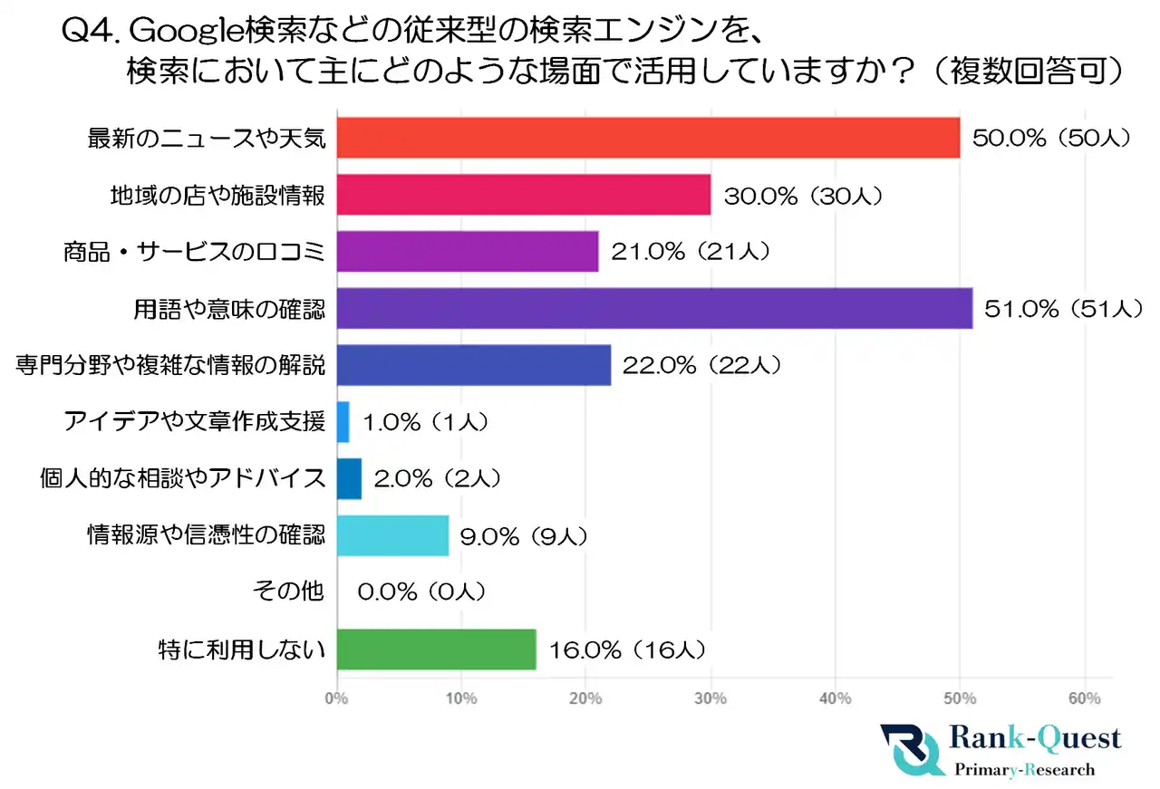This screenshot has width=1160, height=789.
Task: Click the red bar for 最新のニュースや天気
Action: click(648, 138)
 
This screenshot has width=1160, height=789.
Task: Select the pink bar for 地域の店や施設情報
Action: click(524, 195)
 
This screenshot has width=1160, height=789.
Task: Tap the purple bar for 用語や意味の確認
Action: click(654, 309)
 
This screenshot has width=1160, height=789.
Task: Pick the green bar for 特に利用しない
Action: click(436, 649)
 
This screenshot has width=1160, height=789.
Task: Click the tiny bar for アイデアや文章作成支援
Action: click(343, 422)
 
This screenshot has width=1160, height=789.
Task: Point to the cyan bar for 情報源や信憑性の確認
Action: click(392, 535)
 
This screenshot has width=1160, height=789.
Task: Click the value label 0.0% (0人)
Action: click(422, 592)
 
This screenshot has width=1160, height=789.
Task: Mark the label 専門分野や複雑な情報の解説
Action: click(170, 365)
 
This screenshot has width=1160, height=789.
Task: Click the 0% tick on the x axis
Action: click(337, 698)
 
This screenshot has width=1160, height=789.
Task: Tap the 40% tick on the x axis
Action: click(835, 698)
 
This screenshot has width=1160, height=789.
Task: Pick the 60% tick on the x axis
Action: click(1084, 698)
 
